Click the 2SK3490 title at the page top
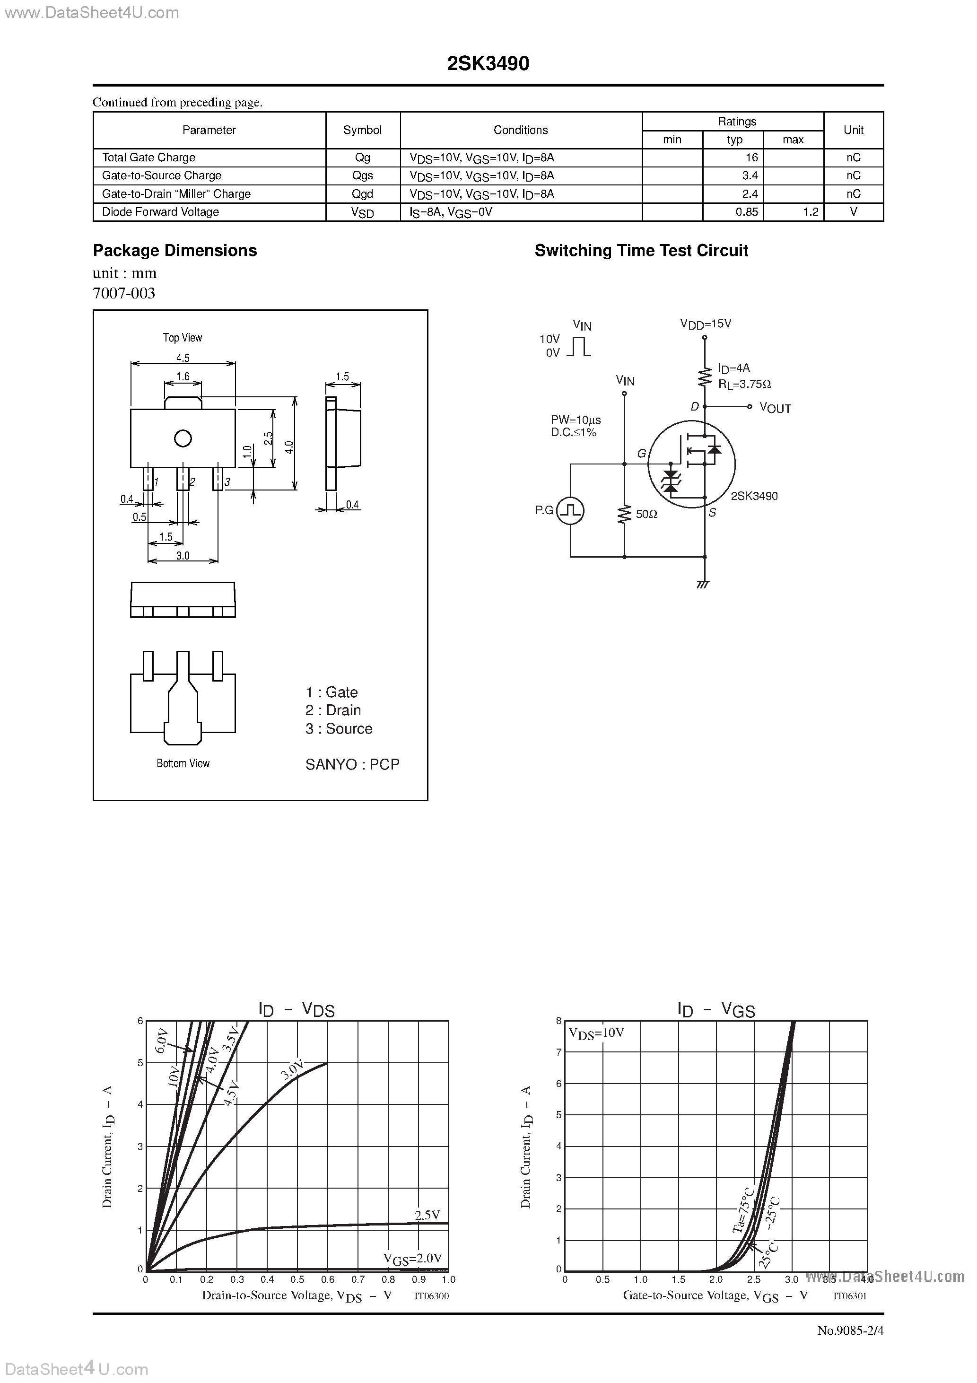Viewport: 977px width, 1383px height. (488, 64)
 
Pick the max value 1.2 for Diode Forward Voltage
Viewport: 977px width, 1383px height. (810, 212)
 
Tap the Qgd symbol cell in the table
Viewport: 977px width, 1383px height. (363, 194)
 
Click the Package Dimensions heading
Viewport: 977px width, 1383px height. (174, 251)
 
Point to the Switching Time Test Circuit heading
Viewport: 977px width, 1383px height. (641, 251)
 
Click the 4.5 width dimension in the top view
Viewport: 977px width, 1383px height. (183, 358)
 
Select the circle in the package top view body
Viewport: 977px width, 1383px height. (183, 438)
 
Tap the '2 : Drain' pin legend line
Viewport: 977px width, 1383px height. (333, 710)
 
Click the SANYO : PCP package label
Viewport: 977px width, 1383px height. (352, 764)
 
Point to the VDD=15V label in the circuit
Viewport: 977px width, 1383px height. (706, 324)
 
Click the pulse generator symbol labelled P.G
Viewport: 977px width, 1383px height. (570, 511)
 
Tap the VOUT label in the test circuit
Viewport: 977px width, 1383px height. (775, 408)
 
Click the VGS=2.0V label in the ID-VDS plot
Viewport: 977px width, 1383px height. (413, 1258)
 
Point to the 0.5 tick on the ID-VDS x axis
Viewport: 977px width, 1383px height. (297, 1280)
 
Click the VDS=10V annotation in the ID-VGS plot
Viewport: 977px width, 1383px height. (596, 1033)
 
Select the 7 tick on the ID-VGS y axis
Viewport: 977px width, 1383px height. (559, 1052)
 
